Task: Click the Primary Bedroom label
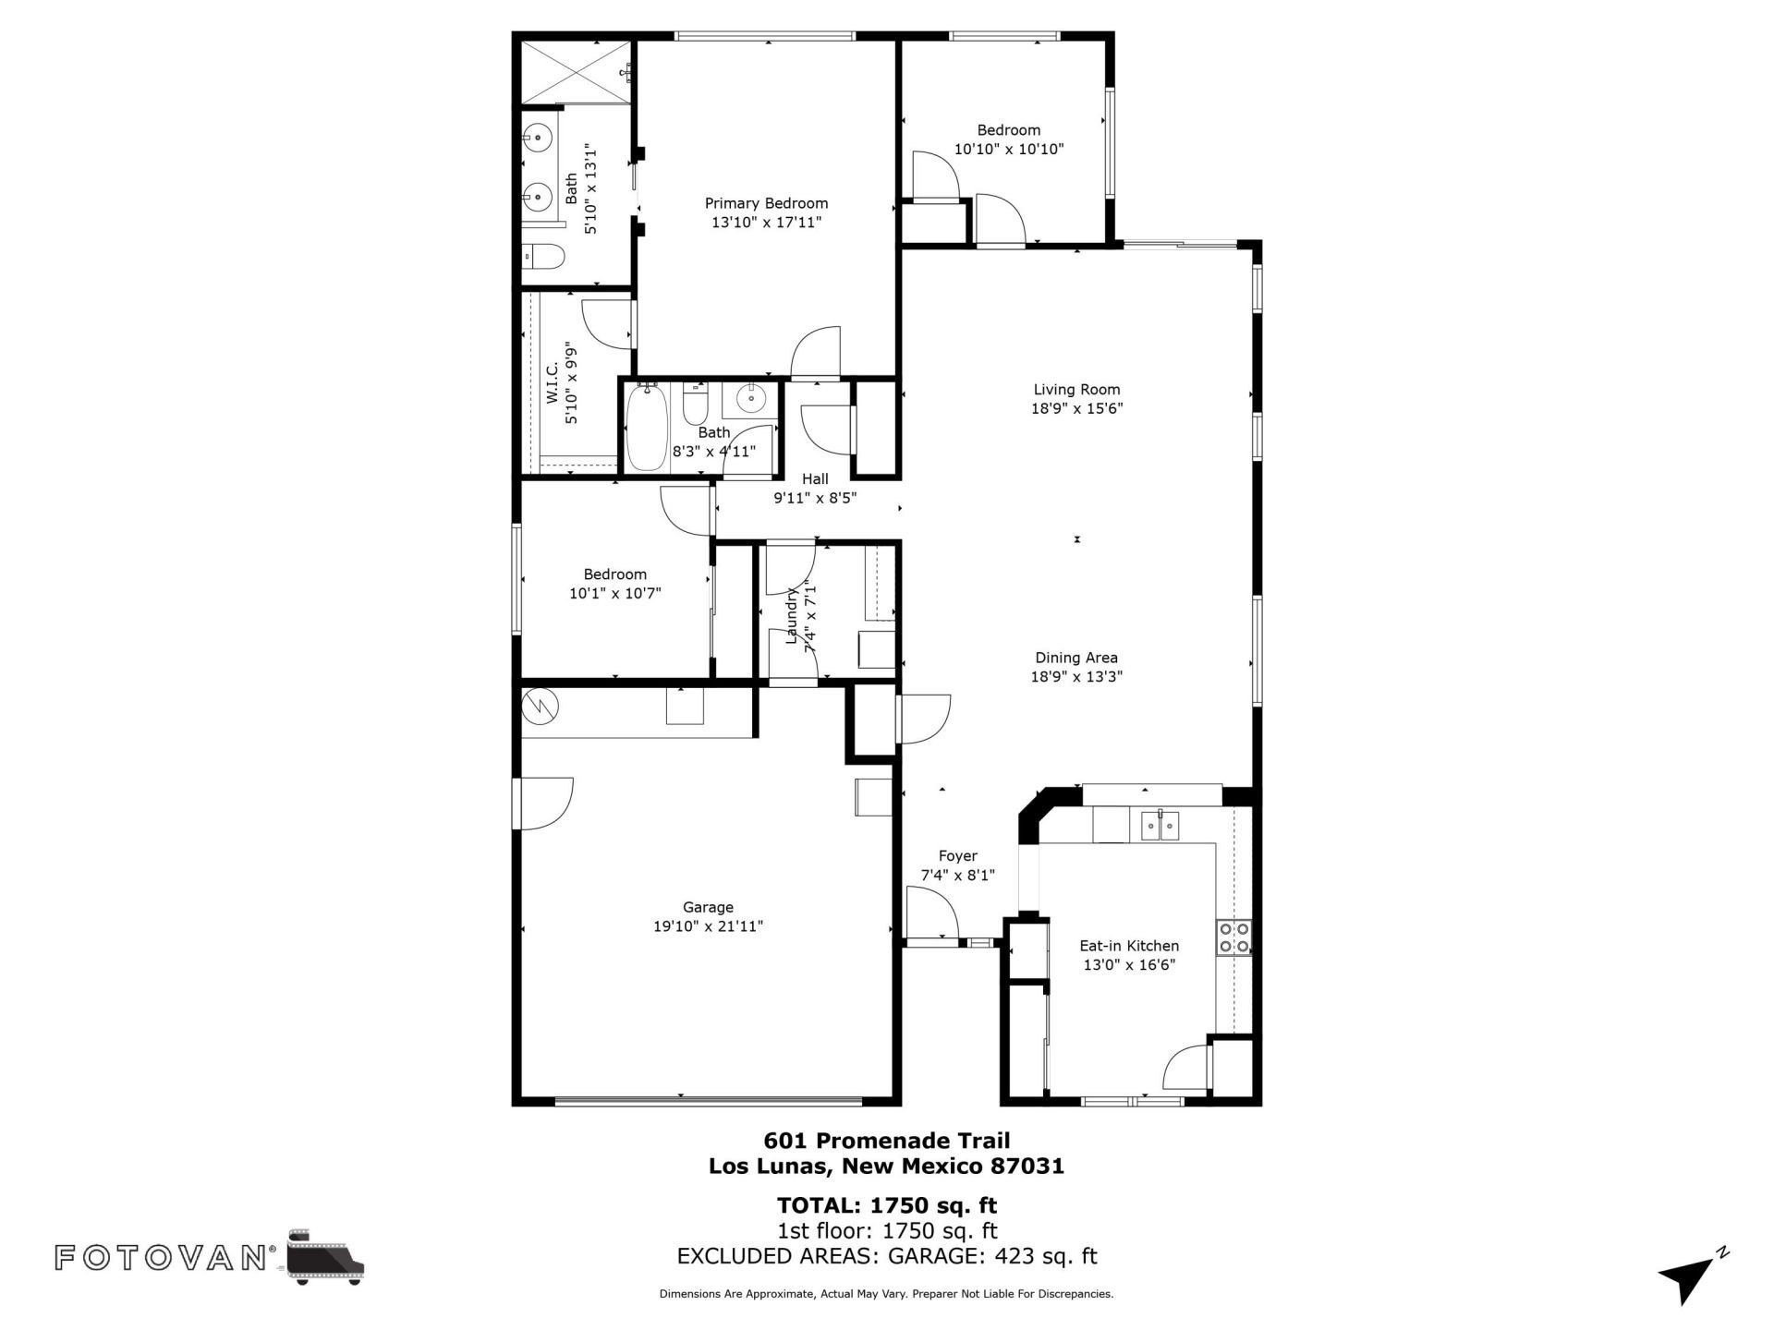pyautogui.click(x=766, y=203)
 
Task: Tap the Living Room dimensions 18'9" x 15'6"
pyautogui.click(x=1076, y=408)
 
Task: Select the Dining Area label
pyautogui.click(x=1076, y=658)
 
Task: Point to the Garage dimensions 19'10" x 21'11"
pyautogui.click(x=708, y=926)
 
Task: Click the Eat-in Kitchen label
pyautogui.click(x=1129, y=946)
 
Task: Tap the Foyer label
pyautogui.click(x=957, y=856)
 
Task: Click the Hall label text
pyautogui.click(x=815, y=478)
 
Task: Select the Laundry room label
pyautogui.click(x=791, y=614)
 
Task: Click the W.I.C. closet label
pyautogui.click(x=553, y=382)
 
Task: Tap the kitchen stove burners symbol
pyautogui.click(x=1234, y=937)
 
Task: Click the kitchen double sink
pyautogui.click(x=1160, y=824)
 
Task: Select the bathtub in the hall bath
pyautogui.click(x=646, y=428)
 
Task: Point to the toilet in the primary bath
pyautogui.click(x=542, y=256)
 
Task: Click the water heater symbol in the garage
pyautogui.click(x=541, y=707)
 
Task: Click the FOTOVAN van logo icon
pyautogui.click(x=326, y=1258)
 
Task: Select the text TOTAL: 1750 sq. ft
pyautogui.click(x=887, y=1205)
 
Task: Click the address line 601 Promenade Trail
pyautogui.click(x=887, y=1141)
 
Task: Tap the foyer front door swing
pyautogui.click(x=933, y=912)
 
